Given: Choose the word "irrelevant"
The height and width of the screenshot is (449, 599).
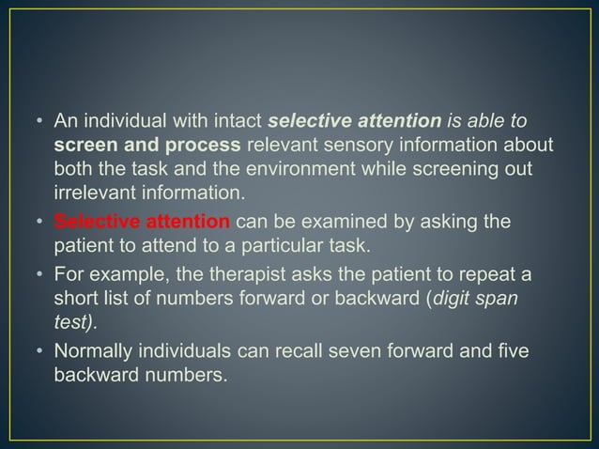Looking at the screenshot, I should pyautogui.click(x=93, y=194).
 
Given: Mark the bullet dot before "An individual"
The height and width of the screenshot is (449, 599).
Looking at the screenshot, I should pyautogui.click(x=40, y=121).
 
